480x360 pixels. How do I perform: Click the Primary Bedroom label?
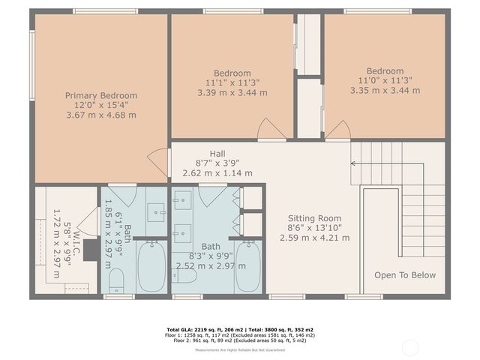pyautogui.click(x=101, y=95)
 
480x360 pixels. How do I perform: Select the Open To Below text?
pyautogui.click(x=405, y=275)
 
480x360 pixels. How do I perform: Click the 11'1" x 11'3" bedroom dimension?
pyautogui.click(x=232, y=83)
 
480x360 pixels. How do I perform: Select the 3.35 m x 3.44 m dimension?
pyautogui.click(x=385, y=90)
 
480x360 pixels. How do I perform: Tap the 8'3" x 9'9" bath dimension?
pyautogui.click(x=211, y=256)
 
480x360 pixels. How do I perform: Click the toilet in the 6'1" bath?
pyautogui.click(x=116, y=281)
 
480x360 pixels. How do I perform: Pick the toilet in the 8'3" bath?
pyautogui.click(x=186, y=276)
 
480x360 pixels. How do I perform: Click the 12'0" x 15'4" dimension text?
pyautogui.click(x=101, y=106)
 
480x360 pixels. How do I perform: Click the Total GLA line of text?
pyautogui.click(x=239, y=329)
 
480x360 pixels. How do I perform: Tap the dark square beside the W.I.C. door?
pyautogui.click(x=91, y=250)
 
